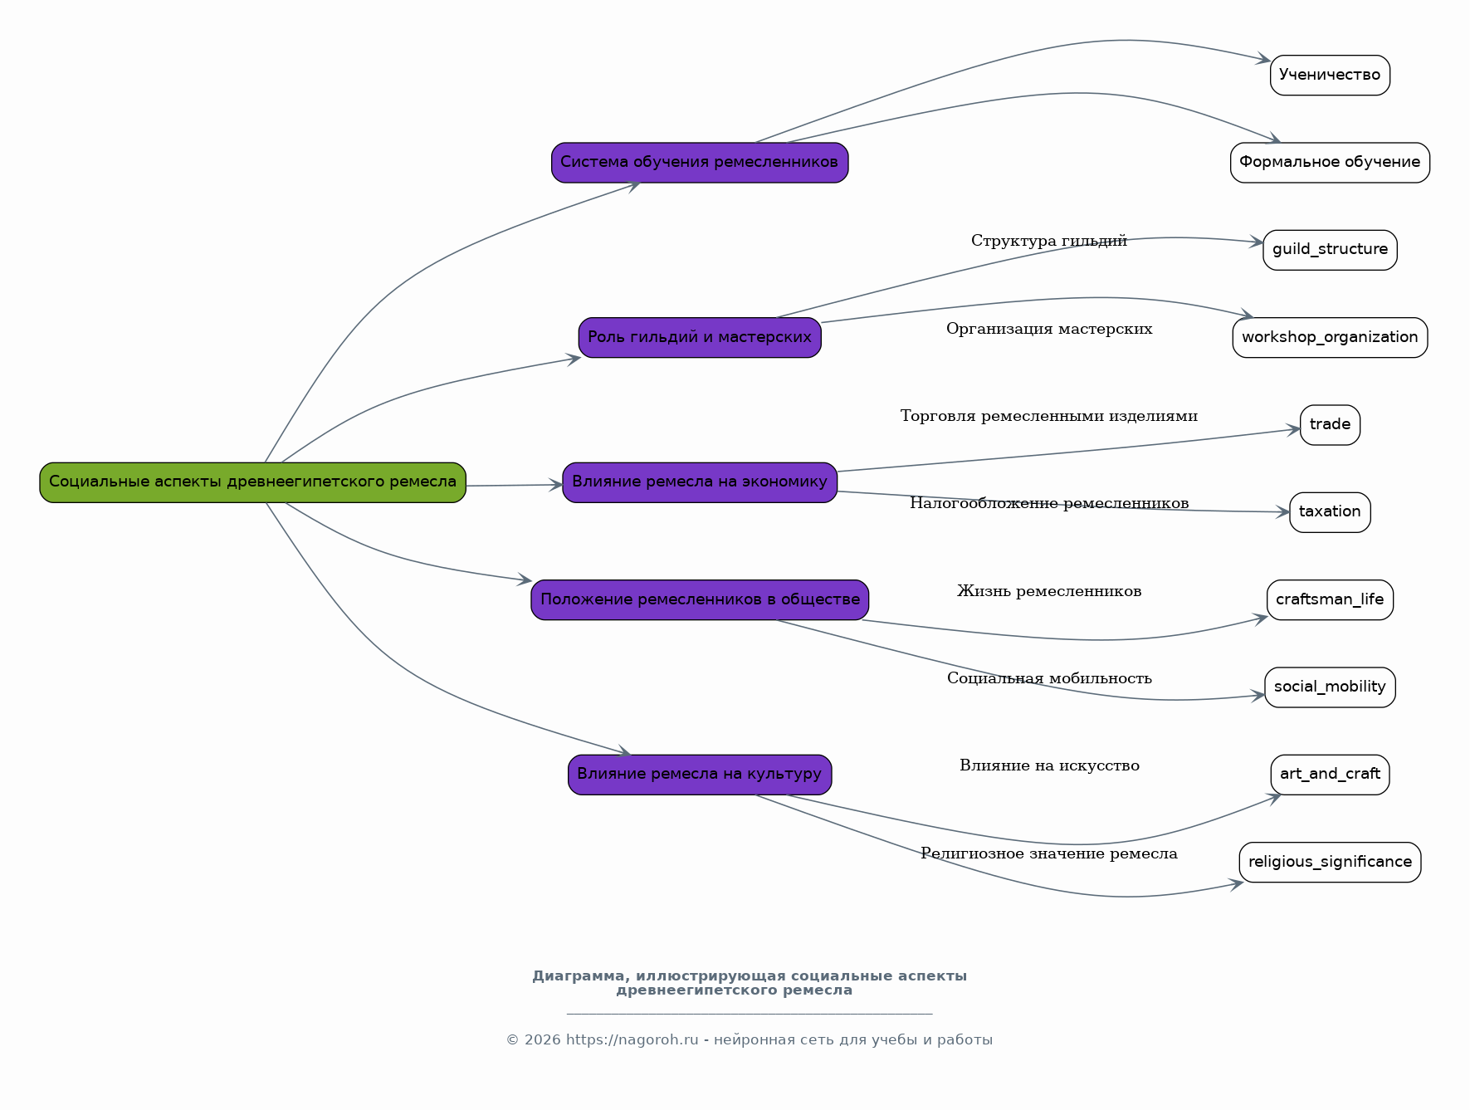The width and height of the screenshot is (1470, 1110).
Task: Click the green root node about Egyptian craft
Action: point(252,482)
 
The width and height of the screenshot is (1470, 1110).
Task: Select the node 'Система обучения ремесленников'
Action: point(700,163)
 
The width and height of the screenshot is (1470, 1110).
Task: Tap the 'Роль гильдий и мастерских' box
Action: point(700,338)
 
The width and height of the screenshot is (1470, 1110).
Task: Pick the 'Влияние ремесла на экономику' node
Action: point(700,482)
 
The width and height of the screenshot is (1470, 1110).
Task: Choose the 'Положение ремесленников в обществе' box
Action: point(700,599)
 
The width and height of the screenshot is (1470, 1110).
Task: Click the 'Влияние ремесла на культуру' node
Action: point(700,775)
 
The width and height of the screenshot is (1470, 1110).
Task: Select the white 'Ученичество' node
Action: point(1330,76)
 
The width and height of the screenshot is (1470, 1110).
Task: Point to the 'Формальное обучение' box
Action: point(1330,163)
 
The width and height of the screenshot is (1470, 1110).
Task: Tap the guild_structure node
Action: point(1330,250)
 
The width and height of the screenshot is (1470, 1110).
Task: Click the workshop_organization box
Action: point(1330,338)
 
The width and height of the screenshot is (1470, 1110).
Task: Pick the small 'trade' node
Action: point(1330,425)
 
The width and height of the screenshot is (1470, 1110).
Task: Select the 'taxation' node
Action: point(1330,512)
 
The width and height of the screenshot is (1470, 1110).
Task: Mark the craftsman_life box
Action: point(1330,599)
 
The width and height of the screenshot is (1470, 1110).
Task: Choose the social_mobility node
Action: point(1330,687)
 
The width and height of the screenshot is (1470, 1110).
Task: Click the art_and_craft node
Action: point(1330,775)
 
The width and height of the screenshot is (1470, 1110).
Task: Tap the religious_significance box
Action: point(1330,862)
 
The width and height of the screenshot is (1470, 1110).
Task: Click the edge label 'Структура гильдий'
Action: point(1049,241)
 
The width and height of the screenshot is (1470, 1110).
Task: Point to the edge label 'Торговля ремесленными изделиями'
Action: point(1049,416)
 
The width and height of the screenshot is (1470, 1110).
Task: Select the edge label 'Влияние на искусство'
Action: point(1049,765)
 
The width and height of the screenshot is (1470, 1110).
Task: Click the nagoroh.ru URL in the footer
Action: point(632,1040)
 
